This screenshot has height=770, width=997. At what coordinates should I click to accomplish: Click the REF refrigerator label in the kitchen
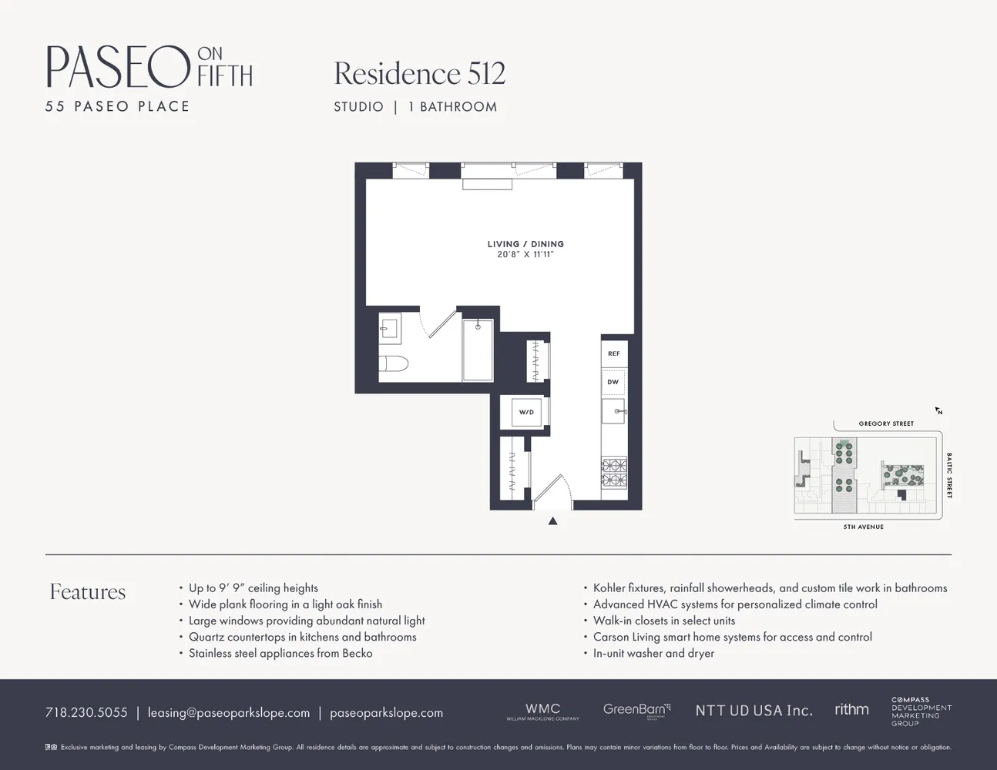pos(613,353)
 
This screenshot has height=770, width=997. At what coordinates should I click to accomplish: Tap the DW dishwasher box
pos(613,382)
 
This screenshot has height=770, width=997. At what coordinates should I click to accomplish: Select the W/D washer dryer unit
pos(526,412)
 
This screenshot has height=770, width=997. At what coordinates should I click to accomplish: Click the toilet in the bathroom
pos(394,363)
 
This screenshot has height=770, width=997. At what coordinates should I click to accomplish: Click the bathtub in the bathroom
pos(478,350)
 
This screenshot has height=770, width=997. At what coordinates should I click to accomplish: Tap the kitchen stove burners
pos(614,473)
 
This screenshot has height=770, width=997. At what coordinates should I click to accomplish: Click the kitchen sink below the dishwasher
pos(614,410)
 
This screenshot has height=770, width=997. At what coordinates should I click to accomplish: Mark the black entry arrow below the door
pos(552,521)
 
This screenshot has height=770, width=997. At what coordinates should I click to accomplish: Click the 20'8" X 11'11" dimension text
pos(525,254)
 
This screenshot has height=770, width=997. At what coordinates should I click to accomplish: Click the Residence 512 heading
pos(419,74)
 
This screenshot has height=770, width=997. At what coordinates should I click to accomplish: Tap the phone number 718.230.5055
pos(86,712)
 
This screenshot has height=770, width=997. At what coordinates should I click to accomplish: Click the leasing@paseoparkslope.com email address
pos(229,712)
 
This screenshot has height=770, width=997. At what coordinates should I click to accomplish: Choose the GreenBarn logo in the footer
pos(636,709)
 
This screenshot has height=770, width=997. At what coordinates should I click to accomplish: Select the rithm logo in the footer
pos(851,709)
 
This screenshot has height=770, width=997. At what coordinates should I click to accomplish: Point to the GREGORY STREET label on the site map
pos(886,423)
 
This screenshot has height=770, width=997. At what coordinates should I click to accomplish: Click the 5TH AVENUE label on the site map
pos(863,527)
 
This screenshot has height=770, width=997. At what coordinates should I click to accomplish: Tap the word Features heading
pos(88,591)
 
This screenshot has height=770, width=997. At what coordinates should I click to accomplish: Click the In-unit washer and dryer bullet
pos(653,653)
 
